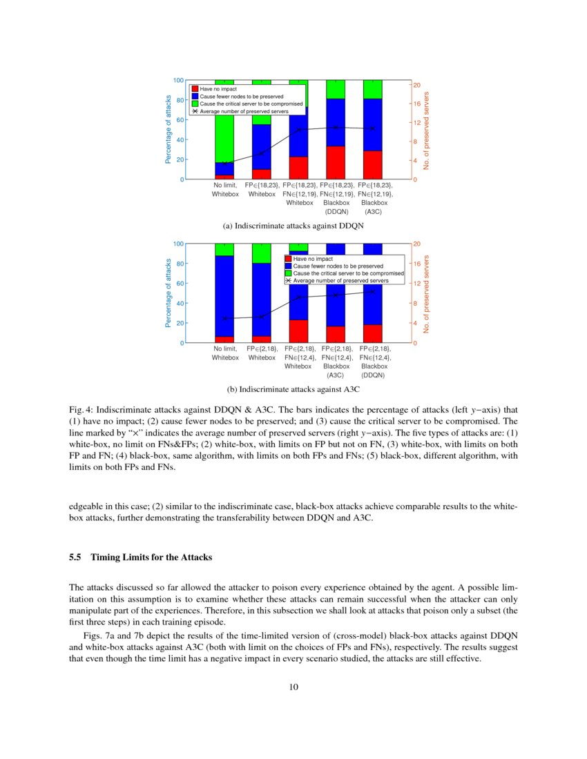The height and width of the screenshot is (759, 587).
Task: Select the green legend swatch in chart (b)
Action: coord(289,274)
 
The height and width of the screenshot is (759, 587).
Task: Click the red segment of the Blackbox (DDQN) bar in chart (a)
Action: coord(336,163)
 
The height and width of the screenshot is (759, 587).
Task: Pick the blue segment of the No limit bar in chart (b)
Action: coord(224,296)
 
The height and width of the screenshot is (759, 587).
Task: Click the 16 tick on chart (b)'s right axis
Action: coord(416,264)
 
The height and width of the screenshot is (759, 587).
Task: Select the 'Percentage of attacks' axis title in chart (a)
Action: coord(168,130)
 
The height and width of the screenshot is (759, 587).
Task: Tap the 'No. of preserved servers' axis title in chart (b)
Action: coord(427,293)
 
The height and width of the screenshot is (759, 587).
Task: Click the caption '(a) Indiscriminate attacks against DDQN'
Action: coord(293,226)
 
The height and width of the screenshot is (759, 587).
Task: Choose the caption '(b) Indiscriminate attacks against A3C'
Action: coord(293,389)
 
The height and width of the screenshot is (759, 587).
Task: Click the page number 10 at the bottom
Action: coord(293,686)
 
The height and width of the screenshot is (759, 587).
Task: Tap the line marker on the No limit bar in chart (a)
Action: coord(224,163)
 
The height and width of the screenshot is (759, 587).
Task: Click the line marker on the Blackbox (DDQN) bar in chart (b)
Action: coord(373,291)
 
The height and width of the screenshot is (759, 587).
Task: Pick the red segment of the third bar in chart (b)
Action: coord(298,331)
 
